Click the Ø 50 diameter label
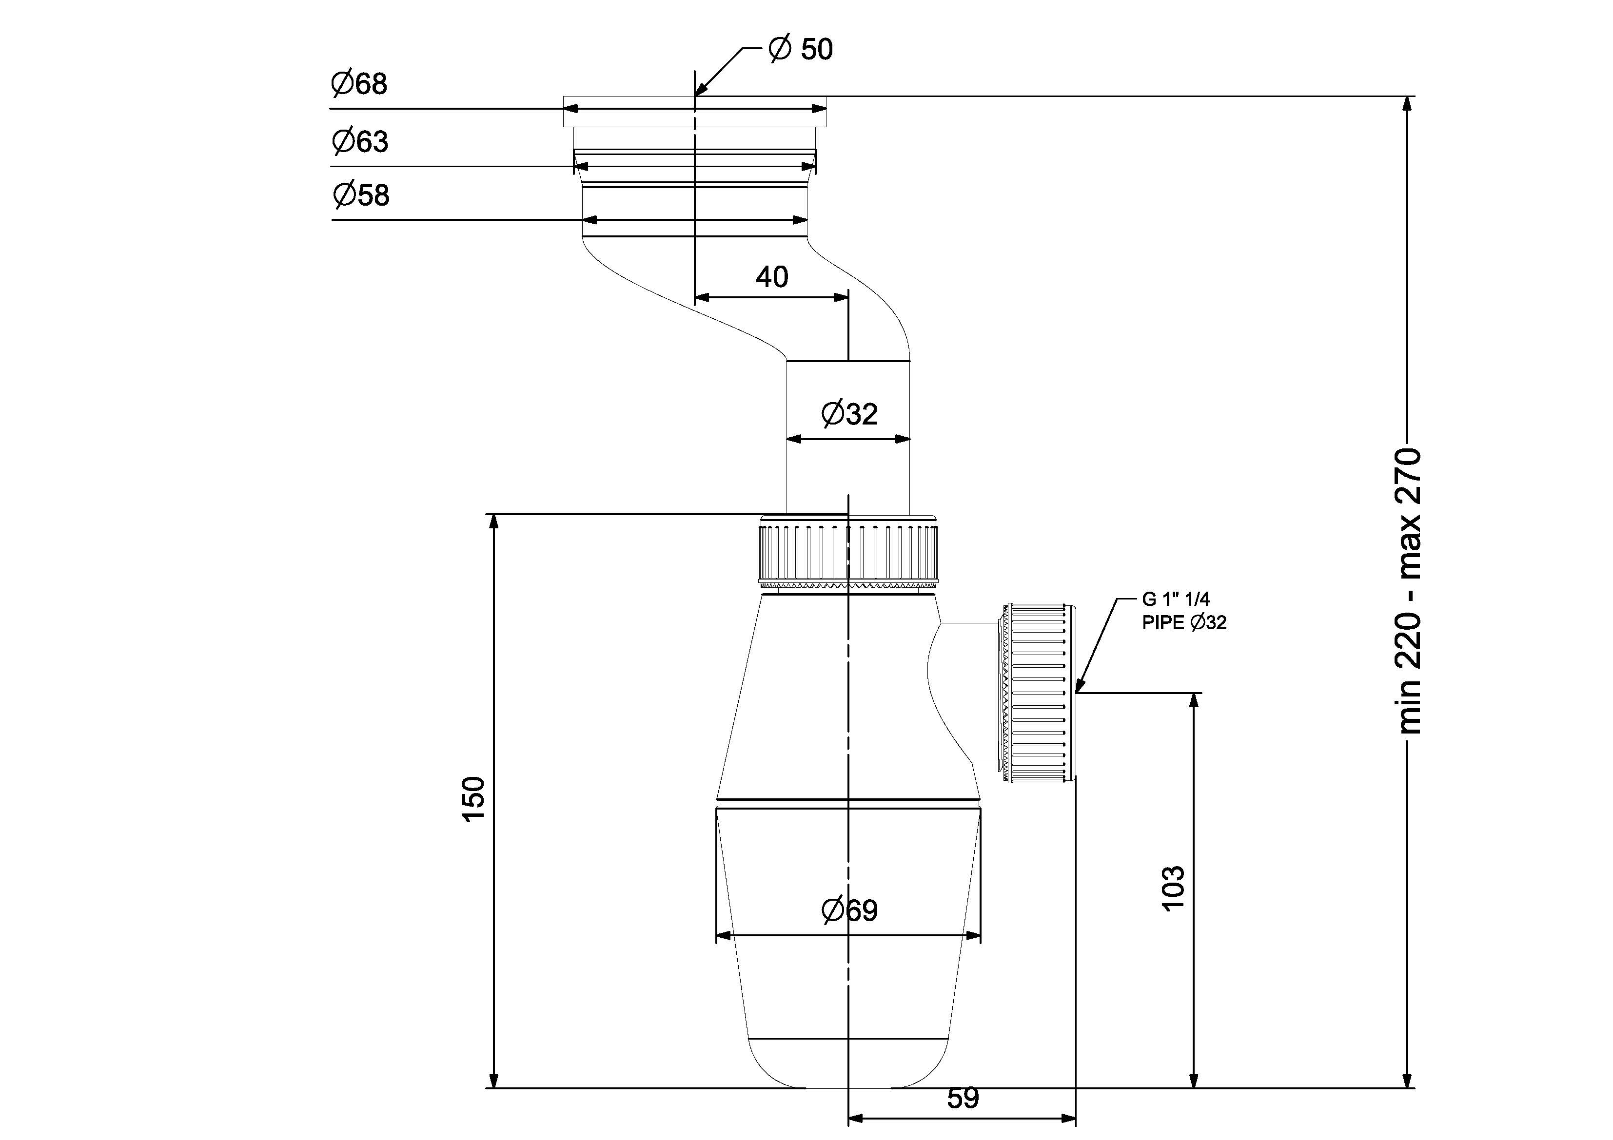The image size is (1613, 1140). [x=801, y=49]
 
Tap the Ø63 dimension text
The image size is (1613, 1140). [x=360, y=142]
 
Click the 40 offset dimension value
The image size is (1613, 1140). [x=771, y=277]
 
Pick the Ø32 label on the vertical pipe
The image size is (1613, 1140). [x=849, y=414]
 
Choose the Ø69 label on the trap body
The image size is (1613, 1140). [x=849, y=911]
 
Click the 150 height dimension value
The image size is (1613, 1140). [x=473, y=798]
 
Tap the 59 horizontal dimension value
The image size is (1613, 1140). [x=963, y=1098]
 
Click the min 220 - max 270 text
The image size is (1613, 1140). [x=1410, y=591]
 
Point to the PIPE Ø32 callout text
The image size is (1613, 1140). [x=1184, y=622]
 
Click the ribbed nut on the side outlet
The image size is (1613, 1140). [x=1038, y=692]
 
